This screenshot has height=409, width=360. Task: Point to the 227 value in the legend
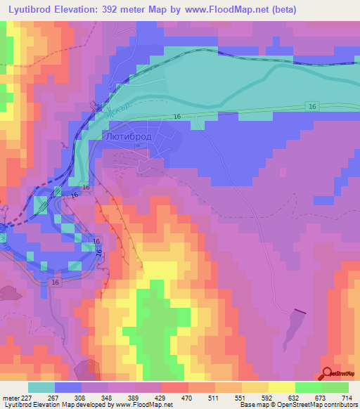[28, 397]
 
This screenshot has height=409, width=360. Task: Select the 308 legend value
[82, 397]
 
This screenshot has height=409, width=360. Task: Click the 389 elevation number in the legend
[134, 397]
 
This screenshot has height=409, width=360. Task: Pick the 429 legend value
[161, 397]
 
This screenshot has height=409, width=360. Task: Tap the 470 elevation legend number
[188, 397]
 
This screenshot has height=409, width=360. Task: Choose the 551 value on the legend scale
[241, 397]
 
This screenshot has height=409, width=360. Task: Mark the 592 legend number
[268, 397]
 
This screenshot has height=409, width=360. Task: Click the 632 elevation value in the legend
[295, 397]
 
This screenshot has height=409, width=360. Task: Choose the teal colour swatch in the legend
[41, 387]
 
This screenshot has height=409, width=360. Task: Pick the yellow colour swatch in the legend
[281, 387]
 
